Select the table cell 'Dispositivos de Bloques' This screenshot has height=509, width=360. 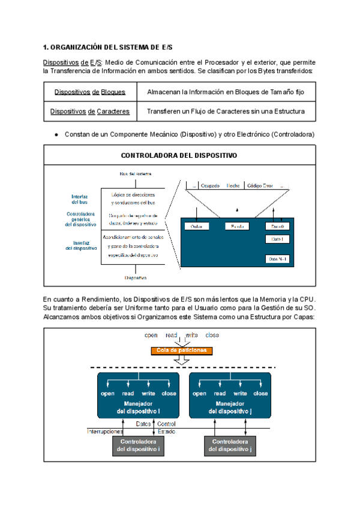click(89, 92)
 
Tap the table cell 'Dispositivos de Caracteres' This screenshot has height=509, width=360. click(89, 112)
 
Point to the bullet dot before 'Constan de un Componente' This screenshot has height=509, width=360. click(56, 134)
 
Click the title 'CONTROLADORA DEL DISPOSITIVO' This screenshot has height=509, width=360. click(179, 155)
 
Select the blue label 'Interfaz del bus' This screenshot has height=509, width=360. click(80, 199)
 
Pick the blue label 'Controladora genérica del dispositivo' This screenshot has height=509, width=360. click(80, 218)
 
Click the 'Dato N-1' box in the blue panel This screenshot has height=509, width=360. click(277, 259)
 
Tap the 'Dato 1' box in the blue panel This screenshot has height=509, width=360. click(277, 239)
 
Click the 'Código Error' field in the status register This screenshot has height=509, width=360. click(259, 186)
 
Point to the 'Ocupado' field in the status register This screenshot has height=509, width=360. click(210, 186)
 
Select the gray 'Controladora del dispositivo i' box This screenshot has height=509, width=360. click(138, 445)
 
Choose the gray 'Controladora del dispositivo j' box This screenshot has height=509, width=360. click(230, 445)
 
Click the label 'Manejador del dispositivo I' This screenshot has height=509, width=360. click(138, 408)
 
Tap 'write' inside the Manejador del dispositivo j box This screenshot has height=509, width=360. click(240, 394)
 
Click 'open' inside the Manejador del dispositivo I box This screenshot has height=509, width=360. click(108, 394)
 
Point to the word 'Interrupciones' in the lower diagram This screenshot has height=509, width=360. click(106, 432)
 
